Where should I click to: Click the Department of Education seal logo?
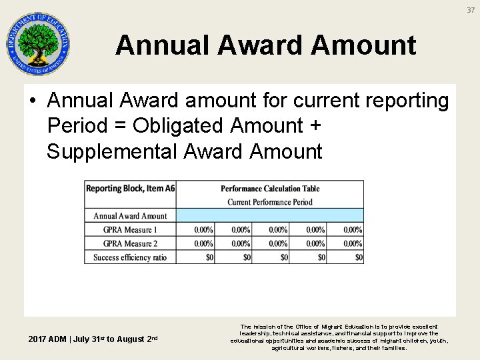[38, 44]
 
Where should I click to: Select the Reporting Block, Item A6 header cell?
[130, 189]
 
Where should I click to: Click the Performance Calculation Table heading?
[270, 189]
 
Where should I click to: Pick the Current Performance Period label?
[270, 202]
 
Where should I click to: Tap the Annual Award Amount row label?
[130, 216]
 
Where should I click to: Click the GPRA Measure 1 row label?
[130, 230]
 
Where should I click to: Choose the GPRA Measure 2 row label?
[130, 244]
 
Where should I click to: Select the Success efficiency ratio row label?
[130, 257]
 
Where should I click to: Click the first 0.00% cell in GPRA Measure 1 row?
[204, 230]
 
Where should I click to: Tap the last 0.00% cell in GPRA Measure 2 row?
[353, 244]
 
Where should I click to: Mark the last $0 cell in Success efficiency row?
[359, 257]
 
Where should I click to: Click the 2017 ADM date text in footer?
[93, 339]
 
